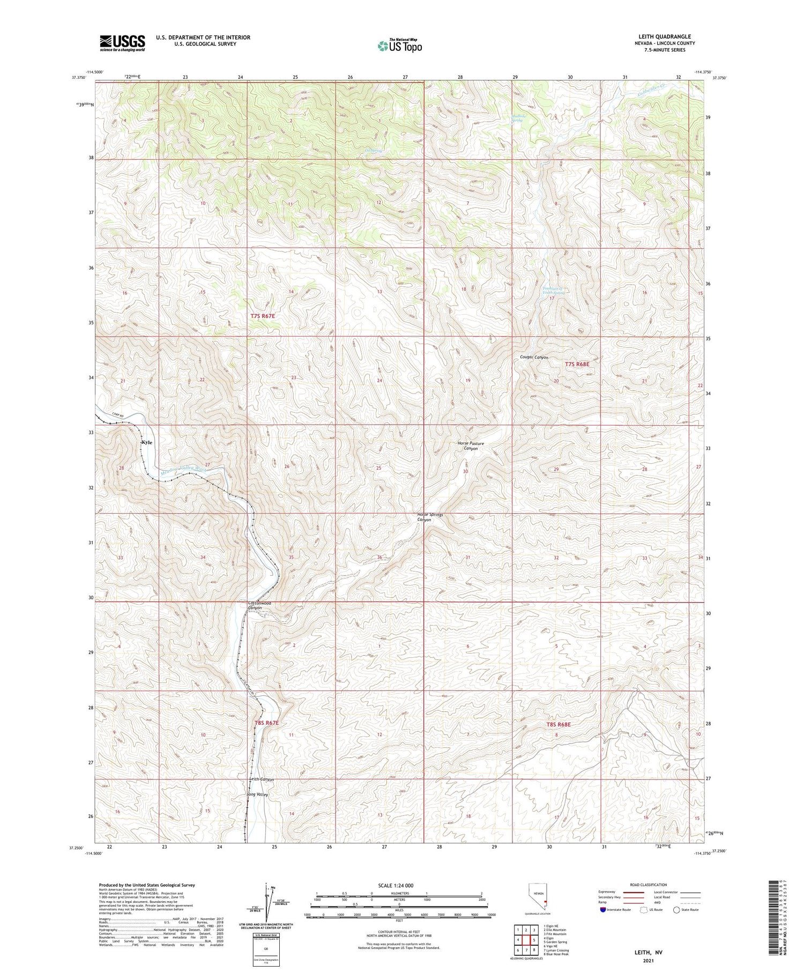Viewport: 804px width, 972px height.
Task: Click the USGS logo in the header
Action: [x=122, y=43]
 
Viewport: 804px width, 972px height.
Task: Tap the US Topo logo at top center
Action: [x=399, y=46]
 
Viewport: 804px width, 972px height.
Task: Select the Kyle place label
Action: [x=147, y=442]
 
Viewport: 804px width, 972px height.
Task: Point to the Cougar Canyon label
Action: [x=534, y=357]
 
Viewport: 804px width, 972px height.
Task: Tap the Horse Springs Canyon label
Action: [x=431, y=517]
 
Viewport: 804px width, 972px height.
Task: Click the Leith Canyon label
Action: [x=262, y=780]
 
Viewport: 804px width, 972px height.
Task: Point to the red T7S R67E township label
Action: [x=263, y=316]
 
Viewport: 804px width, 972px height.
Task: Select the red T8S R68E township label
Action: [x=559, y=724]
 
